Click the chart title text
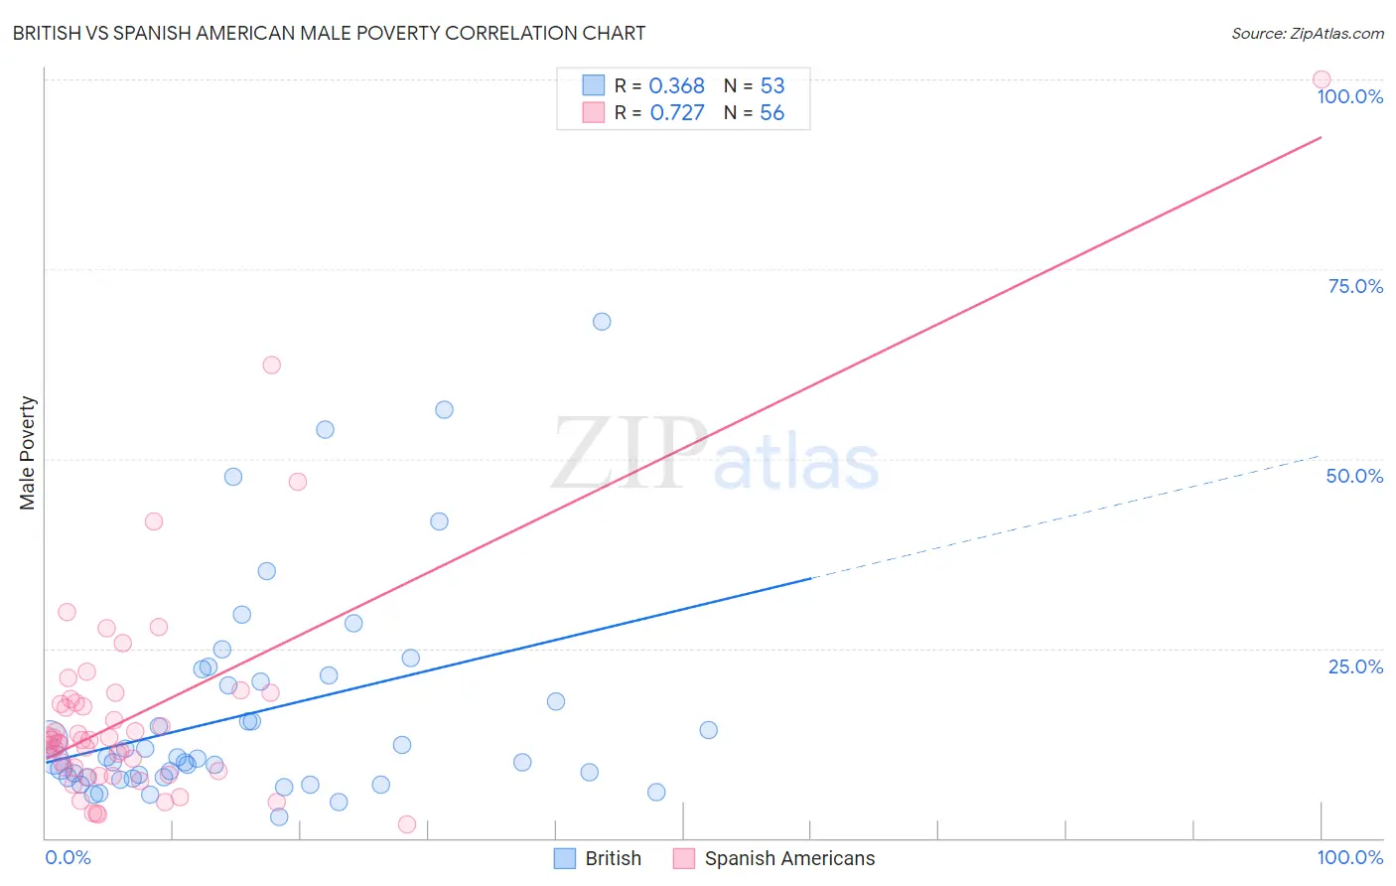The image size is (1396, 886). coord(329,33)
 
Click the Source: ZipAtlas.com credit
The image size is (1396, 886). coord(1307,33)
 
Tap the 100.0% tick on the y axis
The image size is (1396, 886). coord(1349,96)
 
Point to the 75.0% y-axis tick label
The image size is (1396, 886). coord(1355,286)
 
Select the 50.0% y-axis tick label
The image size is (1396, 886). coord(1354,476)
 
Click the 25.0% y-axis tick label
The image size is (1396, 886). coord(1355,666)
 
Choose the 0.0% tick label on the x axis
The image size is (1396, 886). coord(68,857)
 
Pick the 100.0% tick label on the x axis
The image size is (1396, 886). coord(1349,857)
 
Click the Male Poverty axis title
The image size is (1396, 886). coord(27,453)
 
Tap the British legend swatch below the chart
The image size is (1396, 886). coord(565,858)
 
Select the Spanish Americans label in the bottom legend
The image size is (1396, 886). coord(789,858)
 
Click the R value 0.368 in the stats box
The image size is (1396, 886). coord(676,86)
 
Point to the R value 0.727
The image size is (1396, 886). coord(677,113)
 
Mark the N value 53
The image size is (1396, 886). coord(772,86)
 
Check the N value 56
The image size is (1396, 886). coord(772,113)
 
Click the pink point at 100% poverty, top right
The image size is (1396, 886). coord(1322,79)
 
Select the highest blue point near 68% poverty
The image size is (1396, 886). coord(602,322)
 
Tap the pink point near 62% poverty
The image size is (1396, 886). coord(271,365)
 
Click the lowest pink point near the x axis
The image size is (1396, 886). coord(406,824)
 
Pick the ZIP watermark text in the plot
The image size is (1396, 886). coord(628,454)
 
